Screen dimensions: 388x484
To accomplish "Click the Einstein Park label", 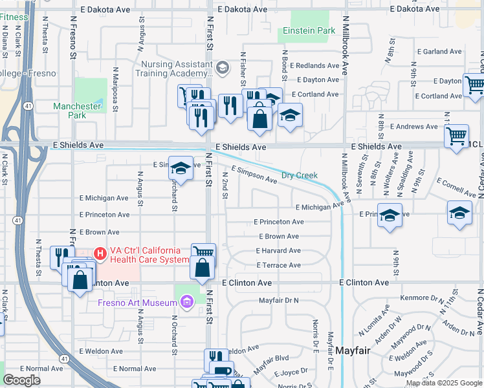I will click(309, 31).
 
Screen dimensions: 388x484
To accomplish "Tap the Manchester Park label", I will click(78, 111).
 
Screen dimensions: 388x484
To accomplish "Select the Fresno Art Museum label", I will click(137, 303).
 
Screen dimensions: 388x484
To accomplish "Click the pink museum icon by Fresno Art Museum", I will click(188, 302).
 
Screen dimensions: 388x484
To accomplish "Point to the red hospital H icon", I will click(100, 252).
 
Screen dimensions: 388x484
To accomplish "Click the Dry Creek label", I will click(300, 176).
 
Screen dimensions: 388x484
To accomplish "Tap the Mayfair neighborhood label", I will click(353, 350).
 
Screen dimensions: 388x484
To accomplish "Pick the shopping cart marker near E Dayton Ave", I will click(474, 84).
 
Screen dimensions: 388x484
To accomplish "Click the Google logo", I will click(22, 380).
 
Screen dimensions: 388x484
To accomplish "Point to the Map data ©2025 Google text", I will click(444, 383).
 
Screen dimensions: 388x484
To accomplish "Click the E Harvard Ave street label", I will click(278, 251).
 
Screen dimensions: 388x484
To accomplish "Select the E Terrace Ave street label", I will click(278, 266).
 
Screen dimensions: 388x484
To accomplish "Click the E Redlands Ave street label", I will click(314, 66).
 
